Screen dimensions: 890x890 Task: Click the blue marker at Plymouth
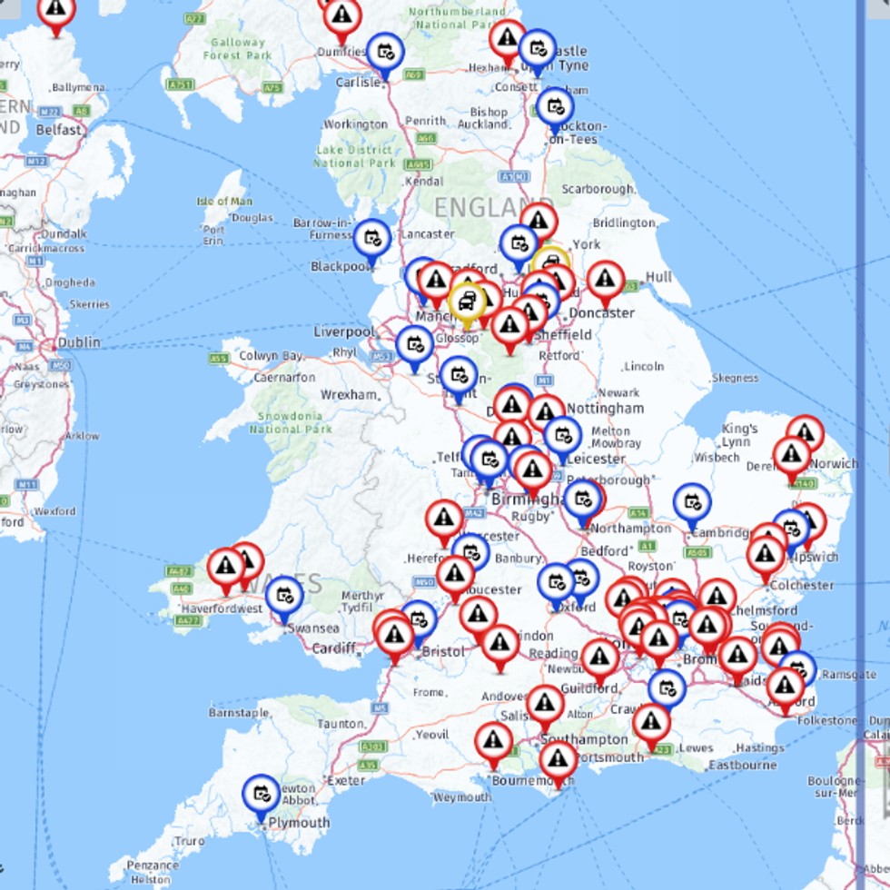point(262,794)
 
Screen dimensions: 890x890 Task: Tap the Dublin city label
point(78,344)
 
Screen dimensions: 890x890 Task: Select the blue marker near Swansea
point(284,596)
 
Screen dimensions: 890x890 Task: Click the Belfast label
point(59,130)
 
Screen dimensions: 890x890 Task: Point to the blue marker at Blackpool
point(371,239)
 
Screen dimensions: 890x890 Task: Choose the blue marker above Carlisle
point(385,52)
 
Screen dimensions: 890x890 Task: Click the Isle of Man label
point(224,202)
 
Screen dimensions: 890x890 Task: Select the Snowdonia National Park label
point(291,422)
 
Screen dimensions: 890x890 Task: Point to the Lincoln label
point(644,366)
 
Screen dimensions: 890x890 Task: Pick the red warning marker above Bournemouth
point(494,741)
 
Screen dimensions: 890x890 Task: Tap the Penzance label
point(152,865)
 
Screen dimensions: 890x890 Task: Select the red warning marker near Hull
point(606,280)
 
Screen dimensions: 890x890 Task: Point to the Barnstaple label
point(240,713)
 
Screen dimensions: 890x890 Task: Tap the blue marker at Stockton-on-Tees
point(555,107)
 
